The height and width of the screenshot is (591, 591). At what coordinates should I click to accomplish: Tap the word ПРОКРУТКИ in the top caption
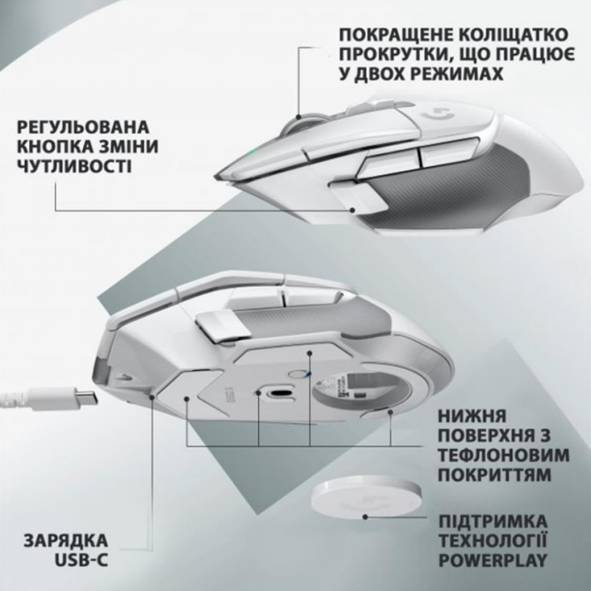click(x=391, y=54)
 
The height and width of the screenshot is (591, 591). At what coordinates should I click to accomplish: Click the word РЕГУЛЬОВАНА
click(x=83, y=127)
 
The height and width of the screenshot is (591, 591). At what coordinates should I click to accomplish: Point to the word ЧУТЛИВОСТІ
click(x=74, y=166)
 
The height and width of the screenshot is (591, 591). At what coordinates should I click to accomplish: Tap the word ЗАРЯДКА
click(x=66, y=541)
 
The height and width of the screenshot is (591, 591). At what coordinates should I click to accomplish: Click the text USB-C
click(x=81, y=560)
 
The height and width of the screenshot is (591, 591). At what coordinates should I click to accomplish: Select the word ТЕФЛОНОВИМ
click(x=504, y=455)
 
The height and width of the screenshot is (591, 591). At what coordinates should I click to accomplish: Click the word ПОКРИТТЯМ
click(x=495, y=475)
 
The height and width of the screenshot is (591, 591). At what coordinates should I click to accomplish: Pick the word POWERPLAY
click(x=493, y=560)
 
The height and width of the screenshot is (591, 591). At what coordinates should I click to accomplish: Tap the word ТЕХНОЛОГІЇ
click(x=493, y=542)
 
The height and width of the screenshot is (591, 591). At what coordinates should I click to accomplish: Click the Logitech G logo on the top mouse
click(x=437, y=113)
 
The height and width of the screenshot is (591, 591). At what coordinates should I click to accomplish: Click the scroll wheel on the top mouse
click(x=302, y=122)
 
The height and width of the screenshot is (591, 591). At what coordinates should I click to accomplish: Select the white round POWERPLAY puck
click(x=366, y=497)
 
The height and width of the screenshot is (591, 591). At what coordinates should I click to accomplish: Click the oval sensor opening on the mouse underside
click(x=279, y=393)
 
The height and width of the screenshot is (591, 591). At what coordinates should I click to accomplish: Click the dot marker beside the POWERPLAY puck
click(x=365, y=517)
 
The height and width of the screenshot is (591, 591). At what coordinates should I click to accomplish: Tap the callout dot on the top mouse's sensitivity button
click(x=352, y=210)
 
